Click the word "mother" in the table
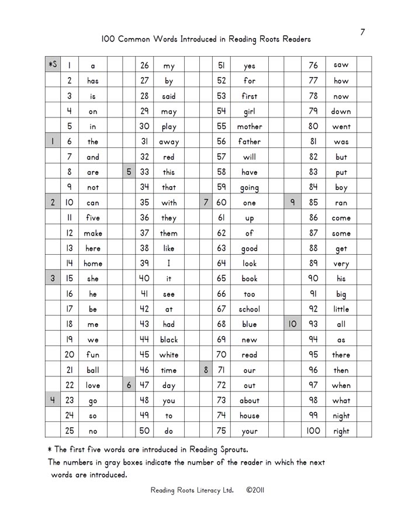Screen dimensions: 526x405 click(250, 126)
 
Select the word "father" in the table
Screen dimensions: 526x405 click(250, 141)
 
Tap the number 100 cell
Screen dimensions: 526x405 click(313, 431)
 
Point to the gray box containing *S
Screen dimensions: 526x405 click(53, 65)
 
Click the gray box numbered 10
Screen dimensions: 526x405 click(293, 324)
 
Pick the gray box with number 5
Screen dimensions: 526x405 click(129, 172)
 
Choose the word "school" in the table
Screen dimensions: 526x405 click(250, 309)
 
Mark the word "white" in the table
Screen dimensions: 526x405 click(169, 354)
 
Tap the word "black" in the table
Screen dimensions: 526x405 click(169, 339)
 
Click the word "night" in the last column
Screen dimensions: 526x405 click(341, 416)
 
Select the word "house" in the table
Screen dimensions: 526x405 click(250, 416)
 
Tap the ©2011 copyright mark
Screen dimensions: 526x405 click(255, 491)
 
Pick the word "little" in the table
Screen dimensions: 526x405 click(341, 309)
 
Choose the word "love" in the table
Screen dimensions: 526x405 click(93, 385)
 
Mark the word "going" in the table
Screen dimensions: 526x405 click(250, 188)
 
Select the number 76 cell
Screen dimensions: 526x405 click(313, 65)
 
